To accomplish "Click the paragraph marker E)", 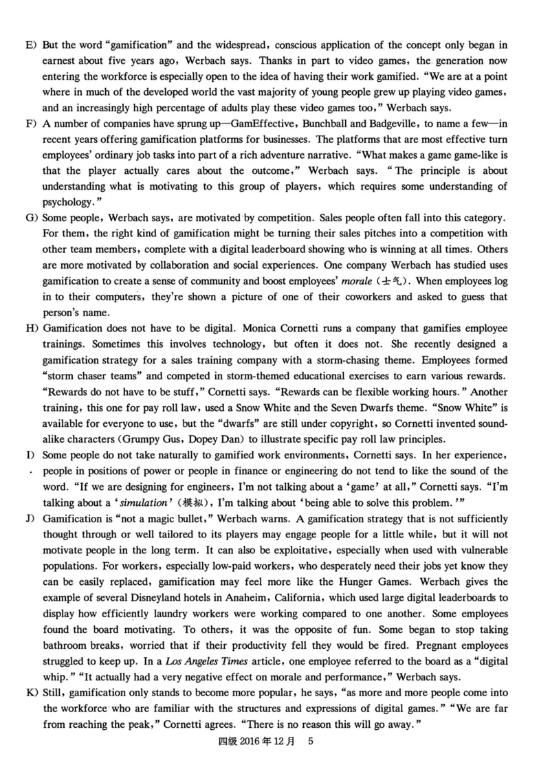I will point(30,45).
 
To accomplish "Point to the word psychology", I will point(66,203).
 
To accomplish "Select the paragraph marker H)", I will point(31,328).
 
